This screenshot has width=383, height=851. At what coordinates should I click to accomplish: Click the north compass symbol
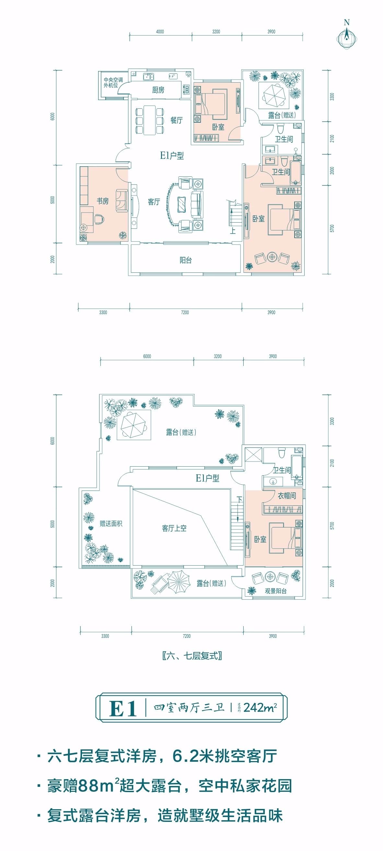point(347,36)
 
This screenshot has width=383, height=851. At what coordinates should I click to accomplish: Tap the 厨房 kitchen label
point(158,90)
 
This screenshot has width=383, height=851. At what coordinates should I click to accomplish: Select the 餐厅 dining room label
point(176,120)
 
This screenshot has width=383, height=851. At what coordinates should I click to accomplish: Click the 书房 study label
point(102,201)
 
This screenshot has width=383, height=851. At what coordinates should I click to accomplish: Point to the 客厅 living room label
point(154,202)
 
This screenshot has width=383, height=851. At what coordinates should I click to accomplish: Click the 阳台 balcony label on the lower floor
point(186,260)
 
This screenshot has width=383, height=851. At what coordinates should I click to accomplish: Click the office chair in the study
point(99,218)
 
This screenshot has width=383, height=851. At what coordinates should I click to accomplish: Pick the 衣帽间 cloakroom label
point(286,495)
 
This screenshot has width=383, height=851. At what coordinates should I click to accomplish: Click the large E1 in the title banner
point(123,708)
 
